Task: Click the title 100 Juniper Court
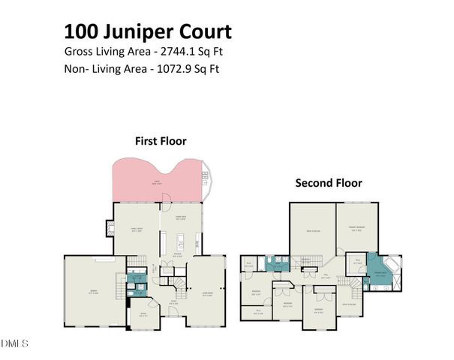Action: pos(147,31)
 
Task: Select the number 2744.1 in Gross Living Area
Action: pos(190,52)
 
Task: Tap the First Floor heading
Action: pos(161,140)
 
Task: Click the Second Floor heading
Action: pos(328,182)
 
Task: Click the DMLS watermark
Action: pos(15,343)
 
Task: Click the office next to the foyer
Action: pos(142,315)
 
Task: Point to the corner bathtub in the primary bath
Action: pos(392,267)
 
